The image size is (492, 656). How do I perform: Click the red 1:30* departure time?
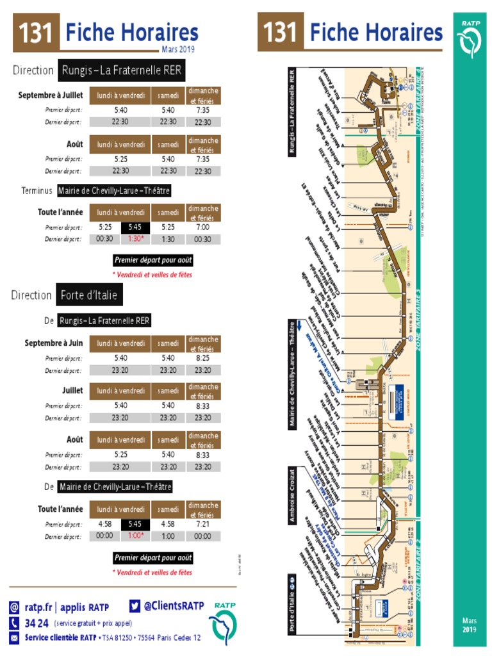[x=135, y=239]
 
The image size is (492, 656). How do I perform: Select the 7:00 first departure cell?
[x=203, y=227]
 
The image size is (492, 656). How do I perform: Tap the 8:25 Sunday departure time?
[x=203, y=358]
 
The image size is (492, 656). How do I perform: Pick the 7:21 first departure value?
[x=203, y=524]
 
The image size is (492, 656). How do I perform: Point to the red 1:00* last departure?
[x=135, y=536]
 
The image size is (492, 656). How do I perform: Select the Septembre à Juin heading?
[x=54, y=343]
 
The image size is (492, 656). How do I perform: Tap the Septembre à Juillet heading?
[x=51, y=95]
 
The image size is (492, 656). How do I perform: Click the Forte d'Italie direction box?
[x=89, y=295]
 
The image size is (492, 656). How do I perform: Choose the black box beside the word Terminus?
[x=114, y=191]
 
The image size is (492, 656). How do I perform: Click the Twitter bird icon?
[x=135, y=605]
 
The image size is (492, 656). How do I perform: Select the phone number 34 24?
[x=37, y=623]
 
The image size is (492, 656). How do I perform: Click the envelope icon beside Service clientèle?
[x=14, y=637]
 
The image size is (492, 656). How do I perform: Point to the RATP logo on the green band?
[x=471, y=38]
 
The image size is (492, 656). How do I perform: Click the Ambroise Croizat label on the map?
[x=292, y=495]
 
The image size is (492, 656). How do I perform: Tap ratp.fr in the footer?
[x=38, y=607]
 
